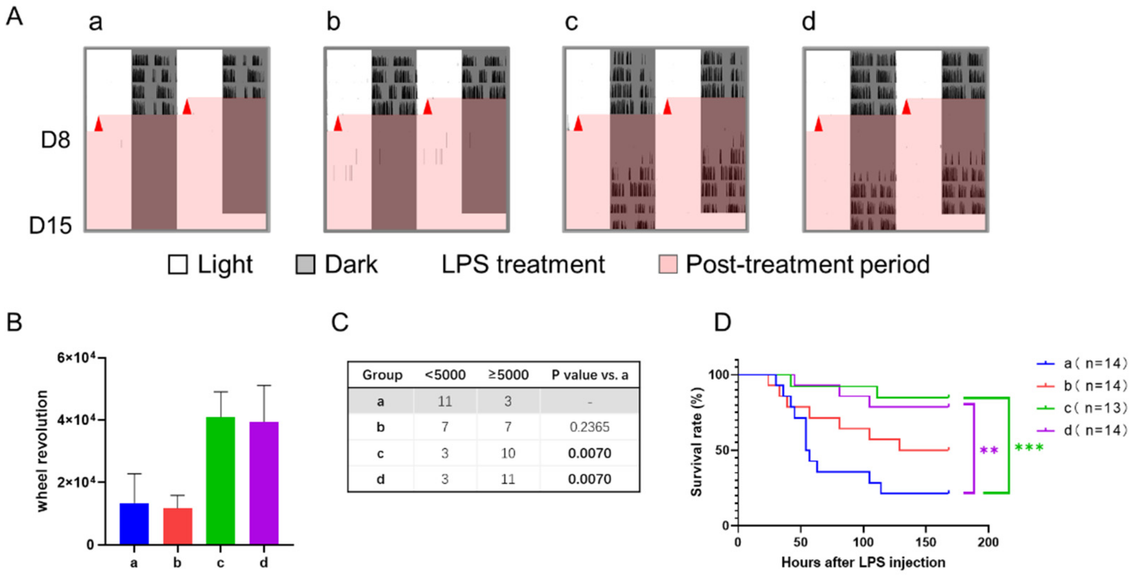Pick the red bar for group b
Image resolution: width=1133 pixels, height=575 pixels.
178,526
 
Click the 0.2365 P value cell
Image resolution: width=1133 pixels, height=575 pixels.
589,427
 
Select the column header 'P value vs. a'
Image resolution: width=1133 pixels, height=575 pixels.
589,375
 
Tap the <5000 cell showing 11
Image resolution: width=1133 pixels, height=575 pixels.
445,401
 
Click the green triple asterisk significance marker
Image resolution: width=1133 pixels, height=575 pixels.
1029,448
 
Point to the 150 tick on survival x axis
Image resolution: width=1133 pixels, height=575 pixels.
925,542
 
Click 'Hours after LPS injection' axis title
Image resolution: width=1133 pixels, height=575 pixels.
863,562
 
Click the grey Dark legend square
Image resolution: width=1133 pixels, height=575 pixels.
305,265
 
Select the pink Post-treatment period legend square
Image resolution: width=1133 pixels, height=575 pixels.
668,265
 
